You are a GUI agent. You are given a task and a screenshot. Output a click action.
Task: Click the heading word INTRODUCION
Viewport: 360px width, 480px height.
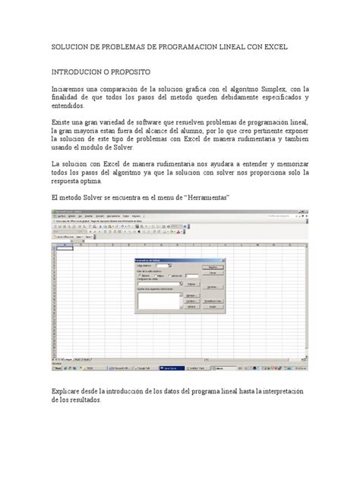point(83,68)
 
